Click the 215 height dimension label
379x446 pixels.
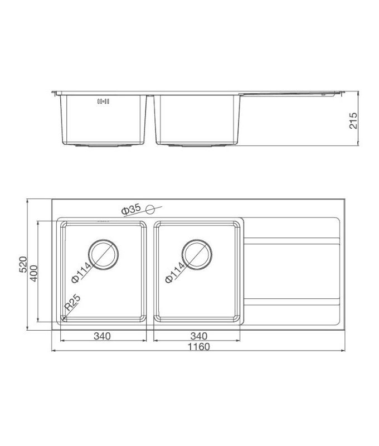pos(353,119)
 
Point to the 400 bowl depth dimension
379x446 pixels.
pos(33,272)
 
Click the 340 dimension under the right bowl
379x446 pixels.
pos(198,336)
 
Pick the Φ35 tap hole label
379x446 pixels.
pos(130,210)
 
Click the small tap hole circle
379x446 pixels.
pos(149,209)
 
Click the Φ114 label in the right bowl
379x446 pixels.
pos(176,273)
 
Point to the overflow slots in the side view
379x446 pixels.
pos(104,101)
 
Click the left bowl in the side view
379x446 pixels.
pos(103,120)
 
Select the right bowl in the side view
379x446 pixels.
pos(198,120)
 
